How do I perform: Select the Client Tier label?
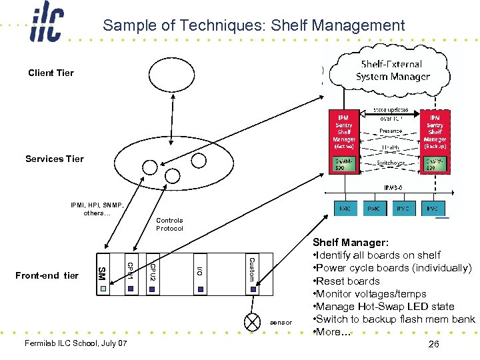click(51, 73)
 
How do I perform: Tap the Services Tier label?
click(55, 159)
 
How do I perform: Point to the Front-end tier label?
click(47, 275)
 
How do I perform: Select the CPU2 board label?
click(152, 270)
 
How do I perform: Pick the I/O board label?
click(199, 270)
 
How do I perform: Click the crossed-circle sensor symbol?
click(253, 322)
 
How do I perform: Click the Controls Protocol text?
click(169, 224)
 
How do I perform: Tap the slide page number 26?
click(434, 344)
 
